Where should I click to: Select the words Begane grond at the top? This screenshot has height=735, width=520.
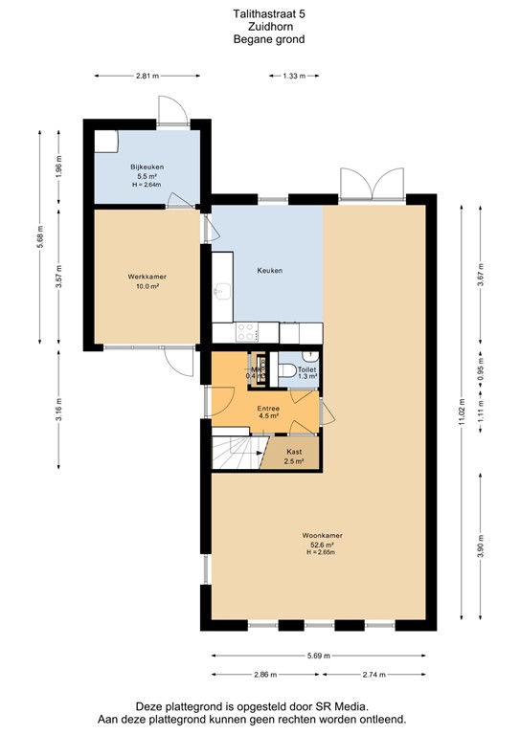pyautogui.click(x=260, y=39)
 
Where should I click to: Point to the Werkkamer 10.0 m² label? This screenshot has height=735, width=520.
pyautogui.click(x=147, y=281)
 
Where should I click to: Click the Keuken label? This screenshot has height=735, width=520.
pyautogui.click(x=270, y=271)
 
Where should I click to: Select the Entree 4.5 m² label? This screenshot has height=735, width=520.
pyautogui.click(x=268, y=412)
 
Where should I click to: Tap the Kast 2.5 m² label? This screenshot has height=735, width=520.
pyautogui.click(x=294, y=456)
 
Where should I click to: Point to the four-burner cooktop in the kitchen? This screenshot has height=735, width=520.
pyautogui.click(x=245, y=332)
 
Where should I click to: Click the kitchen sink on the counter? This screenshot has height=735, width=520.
pyautogui.click(x=222, y=289)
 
